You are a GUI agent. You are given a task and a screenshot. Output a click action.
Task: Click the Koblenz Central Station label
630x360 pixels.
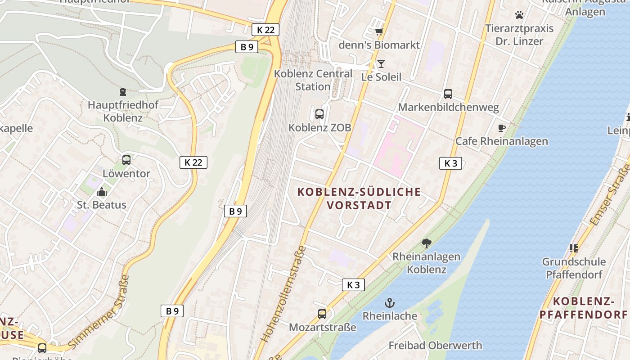(313, 80)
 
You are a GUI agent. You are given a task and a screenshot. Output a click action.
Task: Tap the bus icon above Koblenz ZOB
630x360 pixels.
(319, 114)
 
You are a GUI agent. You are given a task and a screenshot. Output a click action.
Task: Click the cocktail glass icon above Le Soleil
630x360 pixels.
(381, 64)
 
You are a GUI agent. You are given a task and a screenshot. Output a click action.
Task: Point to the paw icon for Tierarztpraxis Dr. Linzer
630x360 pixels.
(519, 15)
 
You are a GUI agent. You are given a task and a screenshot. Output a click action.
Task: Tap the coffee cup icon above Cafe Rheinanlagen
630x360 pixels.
(502, 128)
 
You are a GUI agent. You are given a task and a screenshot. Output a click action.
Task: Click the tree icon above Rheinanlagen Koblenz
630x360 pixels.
(427, 243)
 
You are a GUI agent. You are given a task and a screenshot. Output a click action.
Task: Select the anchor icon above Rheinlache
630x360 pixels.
(390, 303)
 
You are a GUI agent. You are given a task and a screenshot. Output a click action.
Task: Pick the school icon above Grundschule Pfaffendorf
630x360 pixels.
(573, 248)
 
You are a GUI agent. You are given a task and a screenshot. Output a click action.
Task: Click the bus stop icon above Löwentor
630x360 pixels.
(126, 160)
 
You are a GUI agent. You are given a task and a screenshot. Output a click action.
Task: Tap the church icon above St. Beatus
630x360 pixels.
(102, 192)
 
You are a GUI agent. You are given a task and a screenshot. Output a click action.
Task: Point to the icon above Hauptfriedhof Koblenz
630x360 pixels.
(123, 92)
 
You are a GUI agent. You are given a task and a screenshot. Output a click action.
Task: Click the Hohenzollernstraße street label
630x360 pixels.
(284, 293)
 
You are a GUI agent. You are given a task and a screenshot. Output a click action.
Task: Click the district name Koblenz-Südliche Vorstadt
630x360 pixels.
(359, 198)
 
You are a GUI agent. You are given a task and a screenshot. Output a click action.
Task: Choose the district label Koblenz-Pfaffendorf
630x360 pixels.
(583, 308)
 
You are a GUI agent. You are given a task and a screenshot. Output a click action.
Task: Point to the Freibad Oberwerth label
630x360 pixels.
(435, 346)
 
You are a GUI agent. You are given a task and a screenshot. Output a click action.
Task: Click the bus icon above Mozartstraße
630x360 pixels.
(322, 314)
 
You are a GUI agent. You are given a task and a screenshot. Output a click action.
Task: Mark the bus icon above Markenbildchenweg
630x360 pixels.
(448, 94)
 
